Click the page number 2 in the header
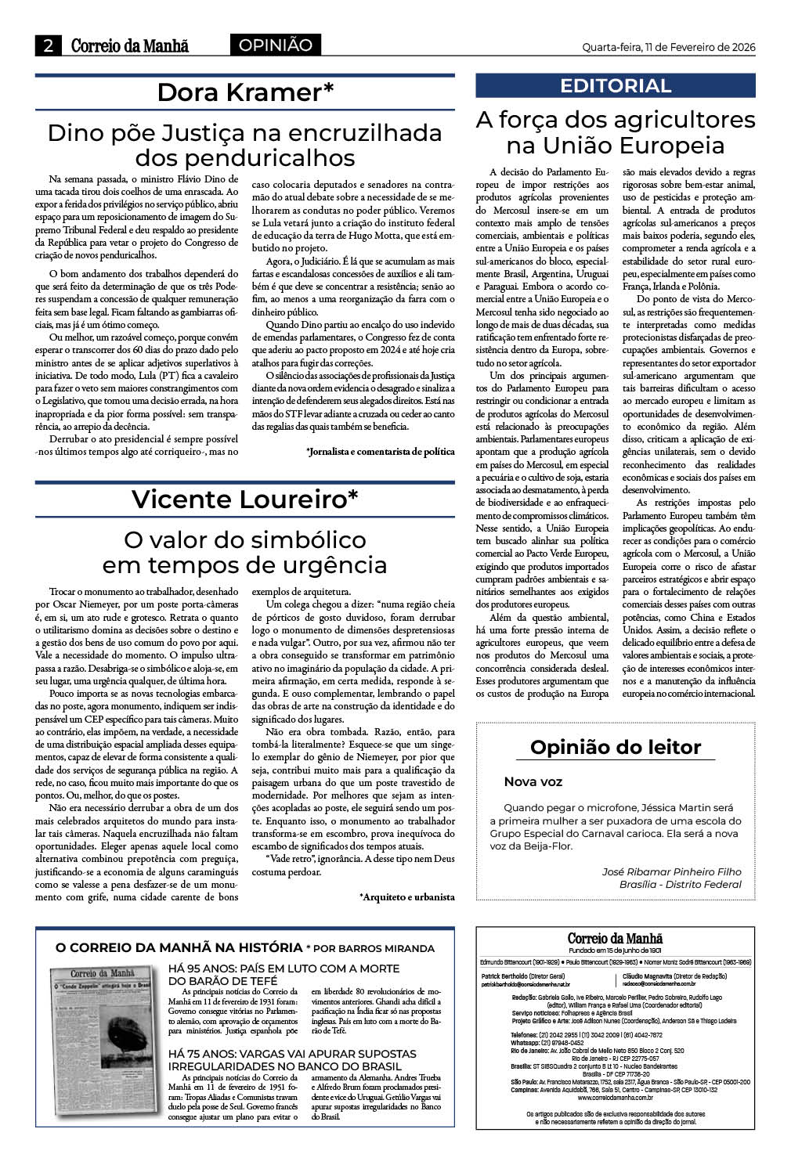[x=48, y=46]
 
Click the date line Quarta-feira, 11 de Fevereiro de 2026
[x=668, y=47]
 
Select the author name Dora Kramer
[x=245, y=92]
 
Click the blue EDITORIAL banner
[x=616, y=85]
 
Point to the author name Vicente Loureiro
[x=245, y=499]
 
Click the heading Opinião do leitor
[x=616, y=747]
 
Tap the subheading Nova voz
[x=533, y=781]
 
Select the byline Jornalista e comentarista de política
[x=381, y=452]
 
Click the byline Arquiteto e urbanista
[x=407, y=897]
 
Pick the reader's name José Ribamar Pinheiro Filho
[x=671, y=871]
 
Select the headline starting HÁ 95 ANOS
[x=284, y=974]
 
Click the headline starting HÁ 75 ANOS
[x=292, y=1059]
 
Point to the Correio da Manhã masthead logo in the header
[x=130, y=46]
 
